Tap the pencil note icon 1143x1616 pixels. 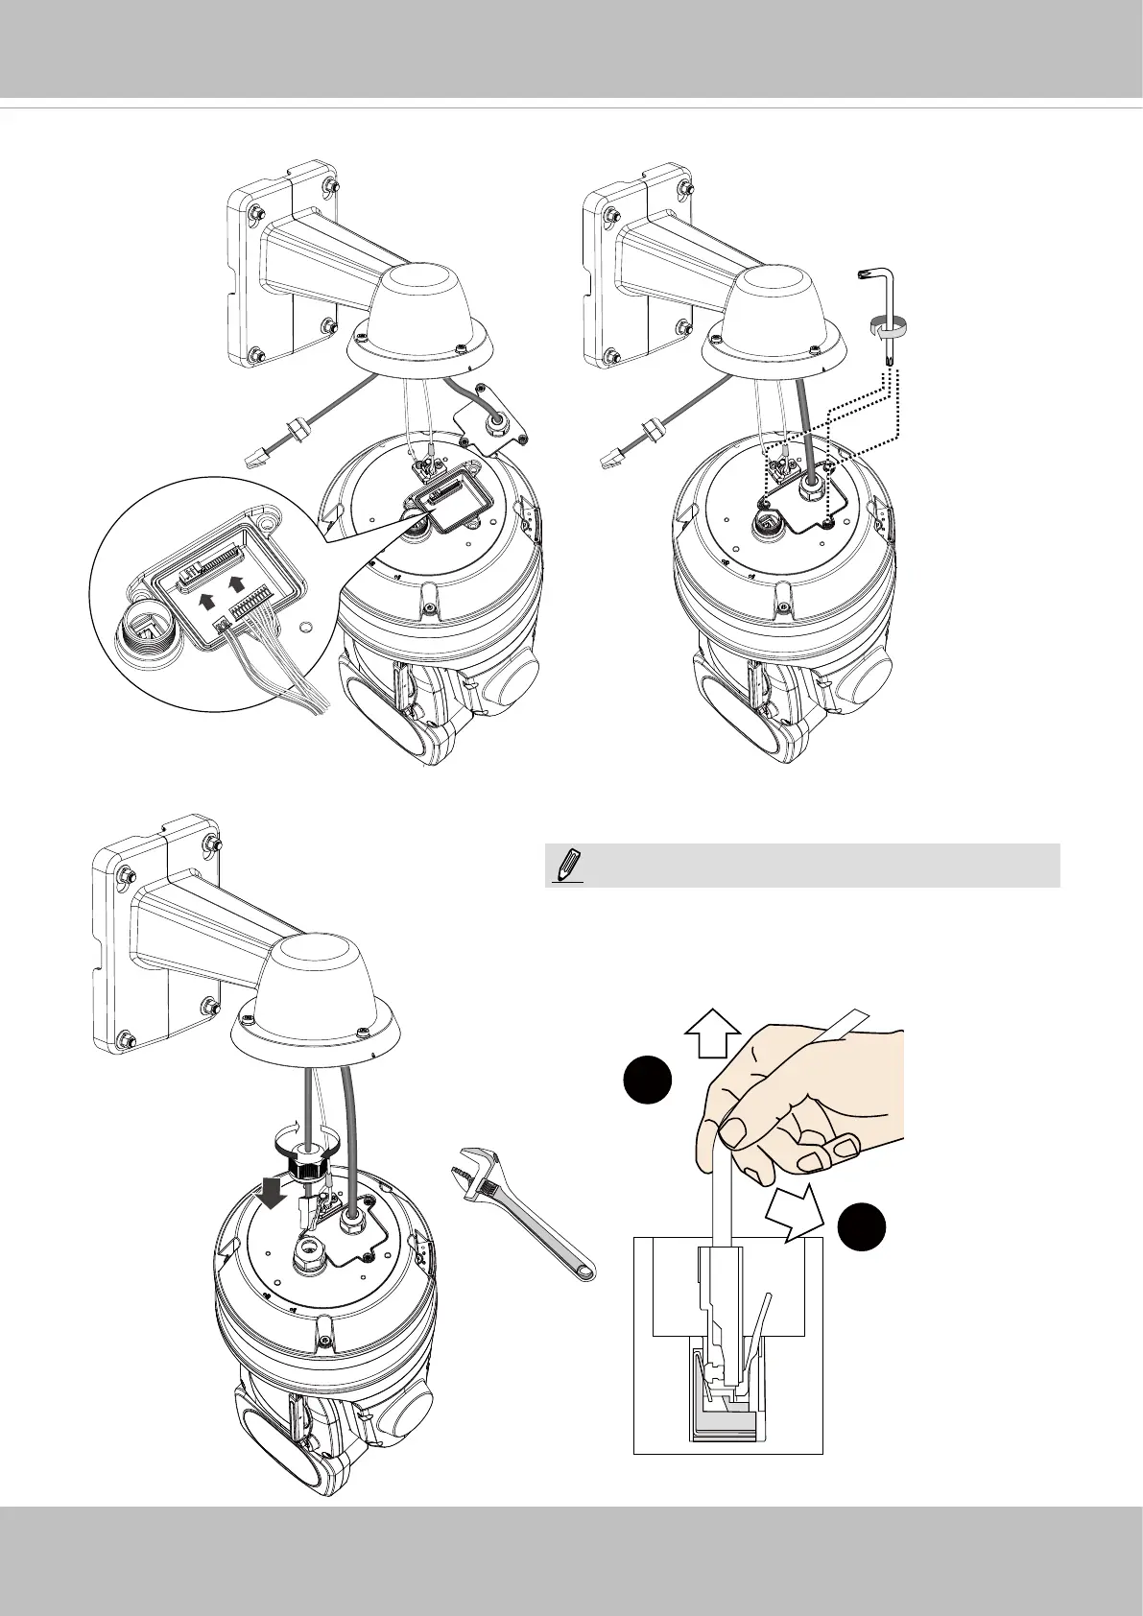coord(569,866)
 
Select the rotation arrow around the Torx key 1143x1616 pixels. coord(887,328)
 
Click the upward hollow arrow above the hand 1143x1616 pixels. coord(713,1036)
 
